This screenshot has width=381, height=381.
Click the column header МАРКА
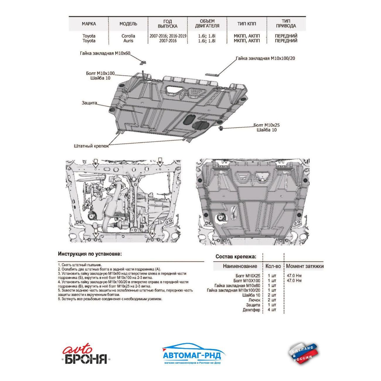(89, 24)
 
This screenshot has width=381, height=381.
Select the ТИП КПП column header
(246, 24)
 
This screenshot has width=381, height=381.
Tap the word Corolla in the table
(128, 36)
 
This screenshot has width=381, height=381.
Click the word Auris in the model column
(128, 41)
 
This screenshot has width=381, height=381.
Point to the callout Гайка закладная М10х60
(105, 53)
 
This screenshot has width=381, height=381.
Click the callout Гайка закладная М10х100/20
(266, 58)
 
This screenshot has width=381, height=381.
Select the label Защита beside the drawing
(89, 103)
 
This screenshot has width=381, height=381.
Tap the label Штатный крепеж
(91, 146)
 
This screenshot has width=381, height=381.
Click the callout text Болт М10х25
(266, 125)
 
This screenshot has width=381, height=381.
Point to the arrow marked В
(96, 163)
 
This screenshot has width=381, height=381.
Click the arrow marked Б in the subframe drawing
(160, 163)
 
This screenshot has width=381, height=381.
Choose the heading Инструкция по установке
(90, 254)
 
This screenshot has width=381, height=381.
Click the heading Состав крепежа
(236, 256)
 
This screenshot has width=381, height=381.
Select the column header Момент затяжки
(305, 266)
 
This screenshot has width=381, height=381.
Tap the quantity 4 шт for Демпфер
(272, 310)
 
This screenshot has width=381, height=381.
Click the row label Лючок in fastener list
(254, 300)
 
